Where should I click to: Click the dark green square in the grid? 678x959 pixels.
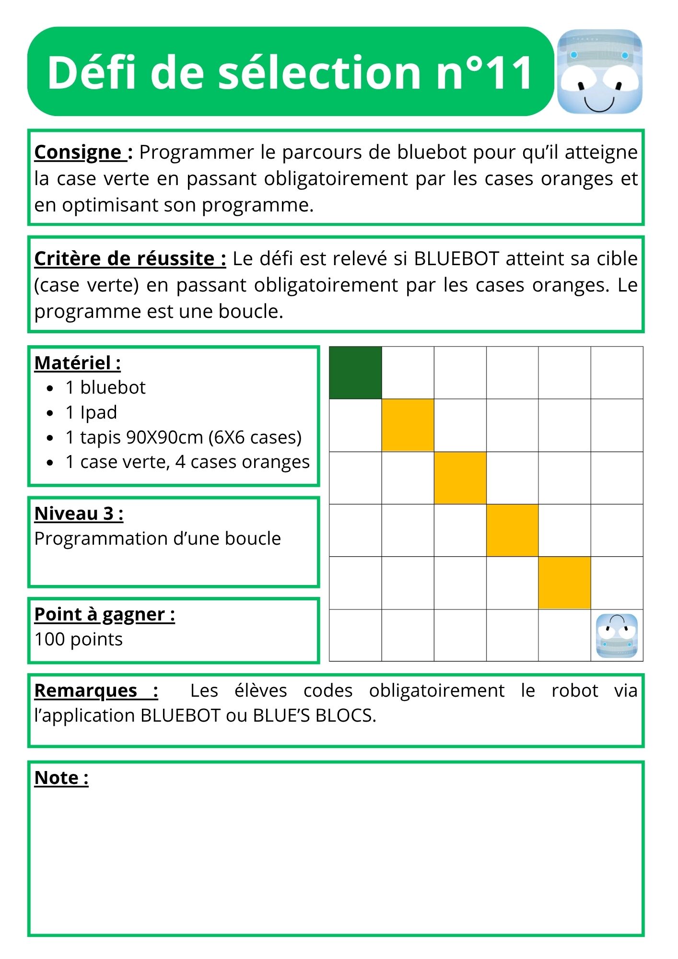coord(355,373)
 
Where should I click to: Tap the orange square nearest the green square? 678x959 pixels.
coord(408,425)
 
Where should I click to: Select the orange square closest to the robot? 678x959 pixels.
coord(564,583)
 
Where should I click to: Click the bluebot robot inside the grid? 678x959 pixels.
coord(617,636)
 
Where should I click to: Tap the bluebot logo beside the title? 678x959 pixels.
coord(599,71)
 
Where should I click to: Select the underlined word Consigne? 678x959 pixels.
coord(78,152)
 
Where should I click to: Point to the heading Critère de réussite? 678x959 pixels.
coord(130,259)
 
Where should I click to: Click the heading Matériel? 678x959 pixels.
coord(77,363)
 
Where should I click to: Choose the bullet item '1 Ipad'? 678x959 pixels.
coord(91,412)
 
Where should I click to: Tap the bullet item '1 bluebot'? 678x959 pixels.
coord(105,387)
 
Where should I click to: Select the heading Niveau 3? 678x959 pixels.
coord(79,514)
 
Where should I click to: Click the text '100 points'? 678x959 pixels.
coord(79,640)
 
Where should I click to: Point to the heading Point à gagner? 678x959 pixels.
coord(105,614)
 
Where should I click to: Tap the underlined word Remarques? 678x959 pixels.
coord(86,691)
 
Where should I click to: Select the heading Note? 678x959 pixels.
coord(61,778)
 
